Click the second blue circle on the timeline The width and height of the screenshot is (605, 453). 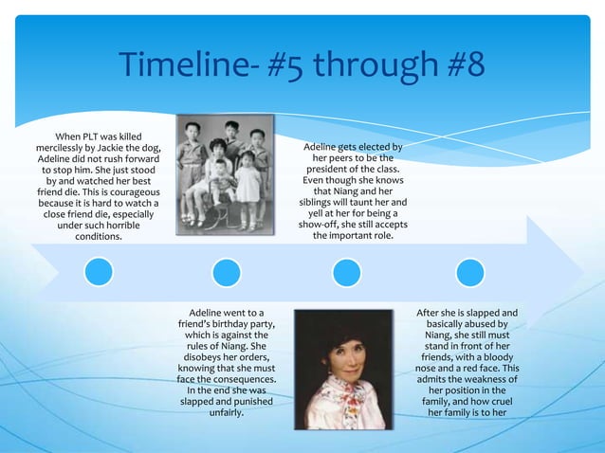click(226, 273)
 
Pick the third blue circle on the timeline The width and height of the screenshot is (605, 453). click(346, 273)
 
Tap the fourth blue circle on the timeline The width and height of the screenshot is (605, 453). click(470, 273)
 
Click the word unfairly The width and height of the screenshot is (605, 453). click(226, 414)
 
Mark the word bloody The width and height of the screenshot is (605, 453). click(504, 358)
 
